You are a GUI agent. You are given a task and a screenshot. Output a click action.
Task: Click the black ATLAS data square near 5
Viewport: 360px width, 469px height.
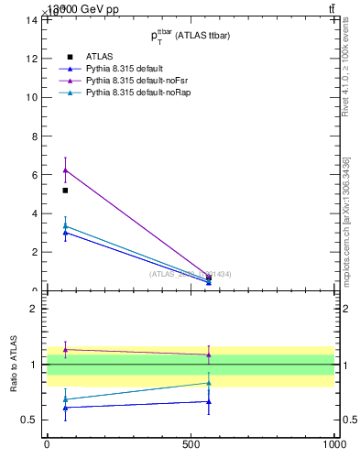pyautogui.click(x=65, y=191)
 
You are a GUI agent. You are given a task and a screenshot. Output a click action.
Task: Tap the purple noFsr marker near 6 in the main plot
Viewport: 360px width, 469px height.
pyautogui.click(x=65, y=169)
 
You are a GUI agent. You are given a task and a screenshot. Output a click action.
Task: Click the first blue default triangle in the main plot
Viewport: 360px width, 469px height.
pyautogui.click(x=65, y=233)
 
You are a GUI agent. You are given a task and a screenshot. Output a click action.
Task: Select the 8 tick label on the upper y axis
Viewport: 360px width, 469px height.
pyautogui.click(x=35, y=136)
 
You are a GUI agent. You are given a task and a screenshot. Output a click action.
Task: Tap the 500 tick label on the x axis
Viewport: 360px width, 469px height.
pyautogui.click(x=191, y=444)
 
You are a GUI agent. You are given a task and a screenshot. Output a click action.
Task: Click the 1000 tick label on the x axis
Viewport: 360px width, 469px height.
pyautogui.click(x=333, y=444)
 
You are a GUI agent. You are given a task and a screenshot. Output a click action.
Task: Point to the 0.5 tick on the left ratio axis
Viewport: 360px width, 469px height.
pyautogui.click(x=31, y=420)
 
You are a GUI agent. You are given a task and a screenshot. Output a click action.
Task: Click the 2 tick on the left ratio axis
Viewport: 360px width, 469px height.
pyautogui.click(x=35, y=309)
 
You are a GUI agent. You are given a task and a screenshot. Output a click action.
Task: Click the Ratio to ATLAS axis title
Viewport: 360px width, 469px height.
pyautogui.click(x=15, y=364)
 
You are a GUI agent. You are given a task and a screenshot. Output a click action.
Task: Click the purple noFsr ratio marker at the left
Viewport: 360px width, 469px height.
pyautogui.click(x=65, y=349)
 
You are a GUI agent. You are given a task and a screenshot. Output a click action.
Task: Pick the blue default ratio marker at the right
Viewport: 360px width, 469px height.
pyautogui.click(x=209, y=401)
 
